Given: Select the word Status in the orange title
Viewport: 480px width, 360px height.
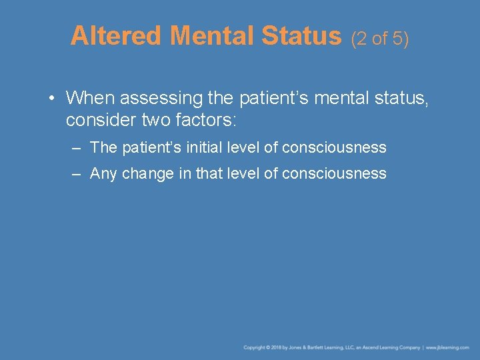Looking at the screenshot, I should tap(301, 36).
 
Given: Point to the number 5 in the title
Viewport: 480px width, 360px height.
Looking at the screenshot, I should tap(397, 38).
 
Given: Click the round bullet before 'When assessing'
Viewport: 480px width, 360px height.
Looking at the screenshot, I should tap(51, 99).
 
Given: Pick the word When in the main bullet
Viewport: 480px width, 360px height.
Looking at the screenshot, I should tap(88, 98).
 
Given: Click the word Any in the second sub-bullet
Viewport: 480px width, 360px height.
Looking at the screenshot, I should tap(103, 174).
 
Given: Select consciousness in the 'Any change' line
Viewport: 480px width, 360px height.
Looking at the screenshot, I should tap(334, 174).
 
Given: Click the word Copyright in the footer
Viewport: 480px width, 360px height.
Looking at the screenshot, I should tap(255, 347).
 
